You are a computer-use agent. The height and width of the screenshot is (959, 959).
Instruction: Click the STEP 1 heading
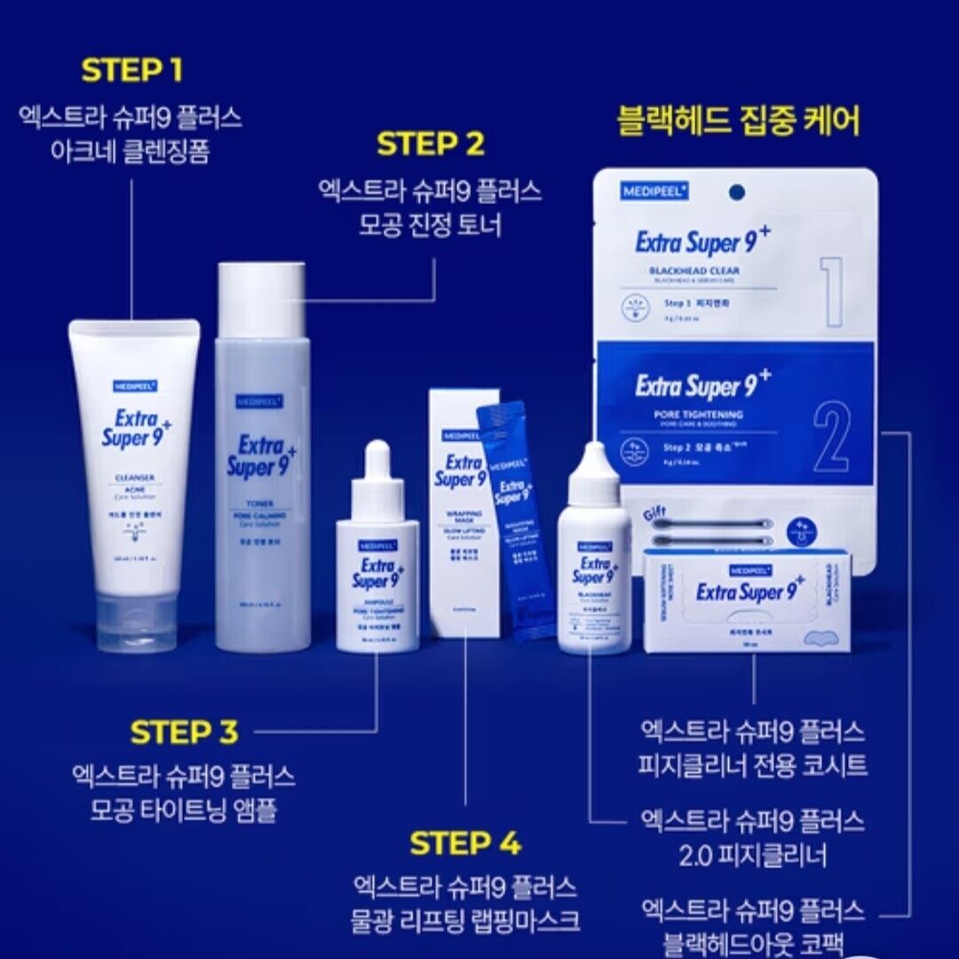131,71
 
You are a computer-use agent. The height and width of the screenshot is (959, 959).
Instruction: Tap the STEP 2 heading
430,144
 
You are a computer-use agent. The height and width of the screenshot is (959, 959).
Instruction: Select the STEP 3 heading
184,733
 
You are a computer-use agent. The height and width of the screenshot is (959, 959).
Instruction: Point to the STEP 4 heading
465,844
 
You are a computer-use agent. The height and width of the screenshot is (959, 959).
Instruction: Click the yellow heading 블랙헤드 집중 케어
738,122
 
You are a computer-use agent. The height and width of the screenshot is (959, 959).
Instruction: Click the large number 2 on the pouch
830,440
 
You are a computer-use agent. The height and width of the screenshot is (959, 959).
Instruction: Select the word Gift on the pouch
654,511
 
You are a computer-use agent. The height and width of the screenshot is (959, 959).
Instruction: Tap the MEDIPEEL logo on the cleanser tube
135,385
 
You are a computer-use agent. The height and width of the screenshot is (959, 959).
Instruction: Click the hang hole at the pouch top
734,191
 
